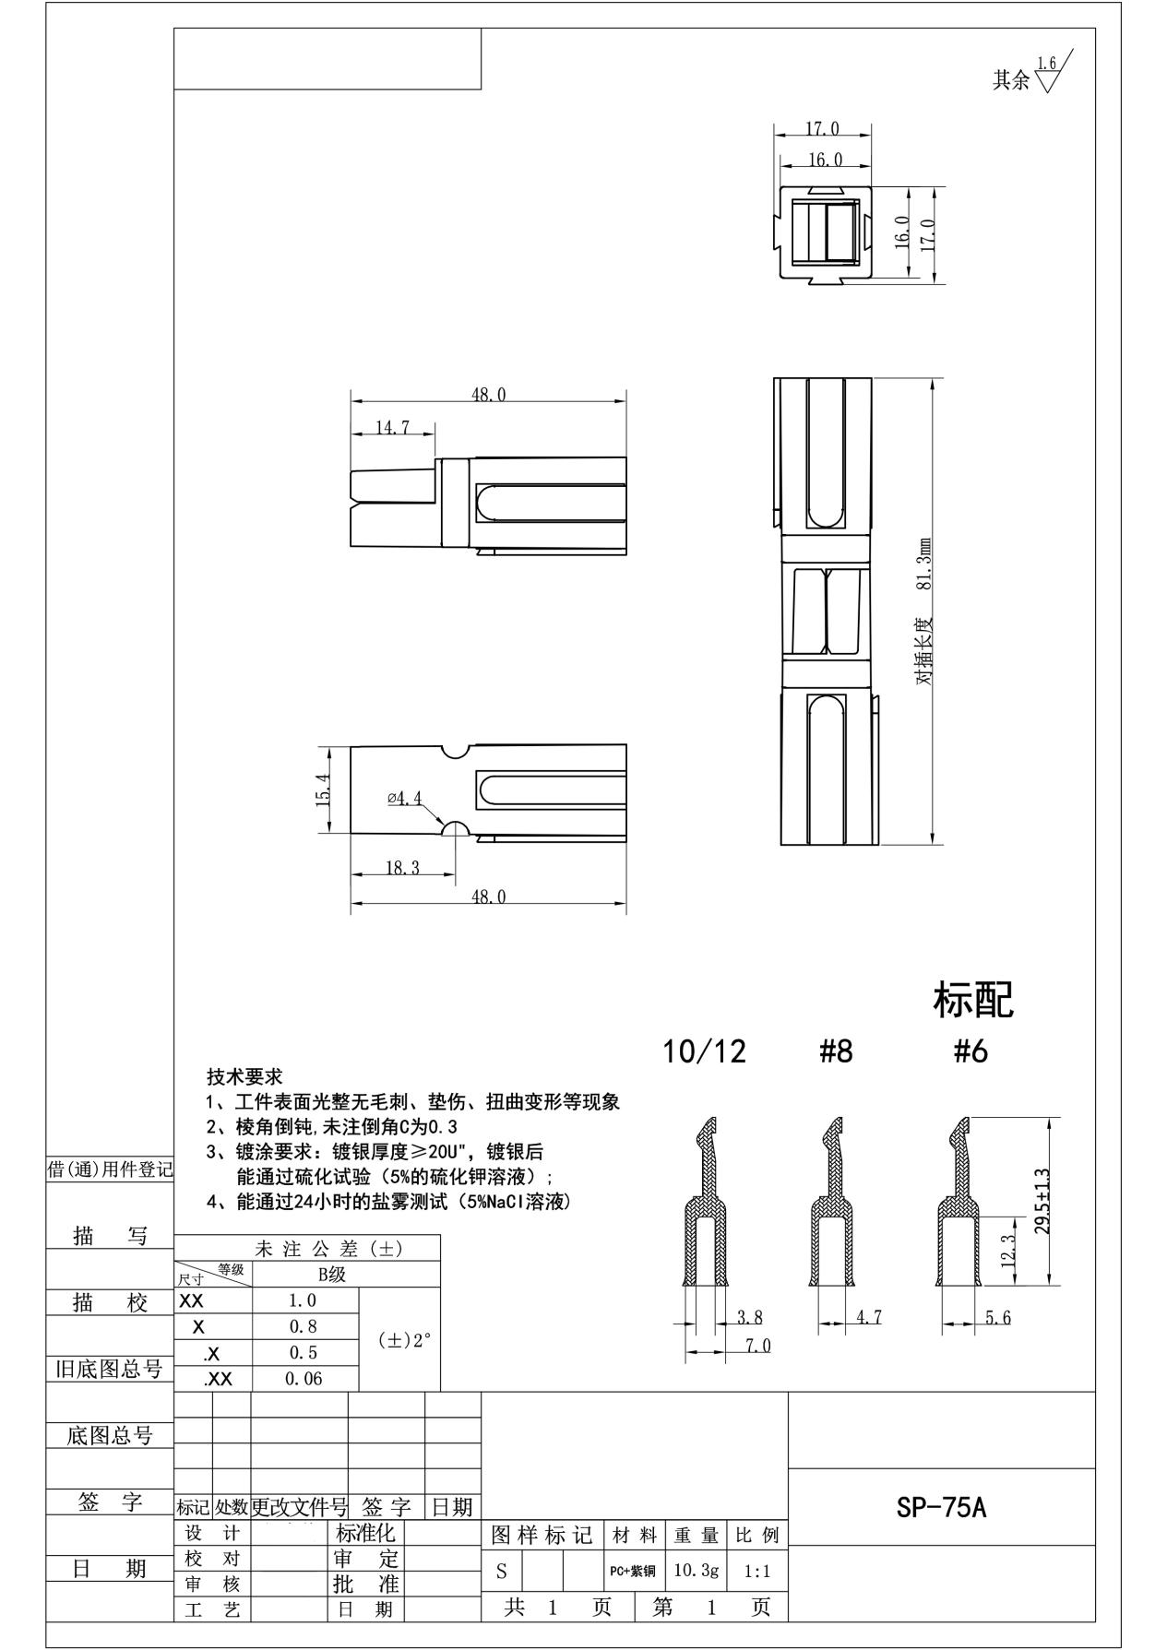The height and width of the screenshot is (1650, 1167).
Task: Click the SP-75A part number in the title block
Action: tap(941, 1507)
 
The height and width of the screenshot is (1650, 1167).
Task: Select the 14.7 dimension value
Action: tap(392, 428)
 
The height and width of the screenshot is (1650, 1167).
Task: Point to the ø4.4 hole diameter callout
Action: tap(404, 798)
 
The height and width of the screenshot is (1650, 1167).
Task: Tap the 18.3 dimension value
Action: tap(402, 868)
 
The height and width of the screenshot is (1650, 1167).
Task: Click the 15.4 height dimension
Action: tap(323, 790)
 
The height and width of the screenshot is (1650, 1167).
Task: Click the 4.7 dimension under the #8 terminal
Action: tap(868, 1317)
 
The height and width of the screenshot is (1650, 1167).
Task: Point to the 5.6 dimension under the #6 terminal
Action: tap(997, 1317)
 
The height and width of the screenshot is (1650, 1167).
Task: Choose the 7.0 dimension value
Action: tap(757, 1346)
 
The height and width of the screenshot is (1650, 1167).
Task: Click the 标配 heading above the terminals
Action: tap(973, 1000)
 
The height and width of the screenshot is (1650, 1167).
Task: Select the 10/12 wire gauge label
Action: tap(704, 1051)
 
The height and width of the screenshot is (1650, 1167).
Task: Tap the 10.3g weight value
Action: tap(696, 1570)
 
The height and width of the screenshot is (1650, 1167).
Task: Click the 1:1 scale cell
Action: tap(756, 1572)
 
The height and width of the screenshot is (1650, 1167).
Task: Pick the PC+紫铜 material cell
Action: tap(632, 1571)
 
